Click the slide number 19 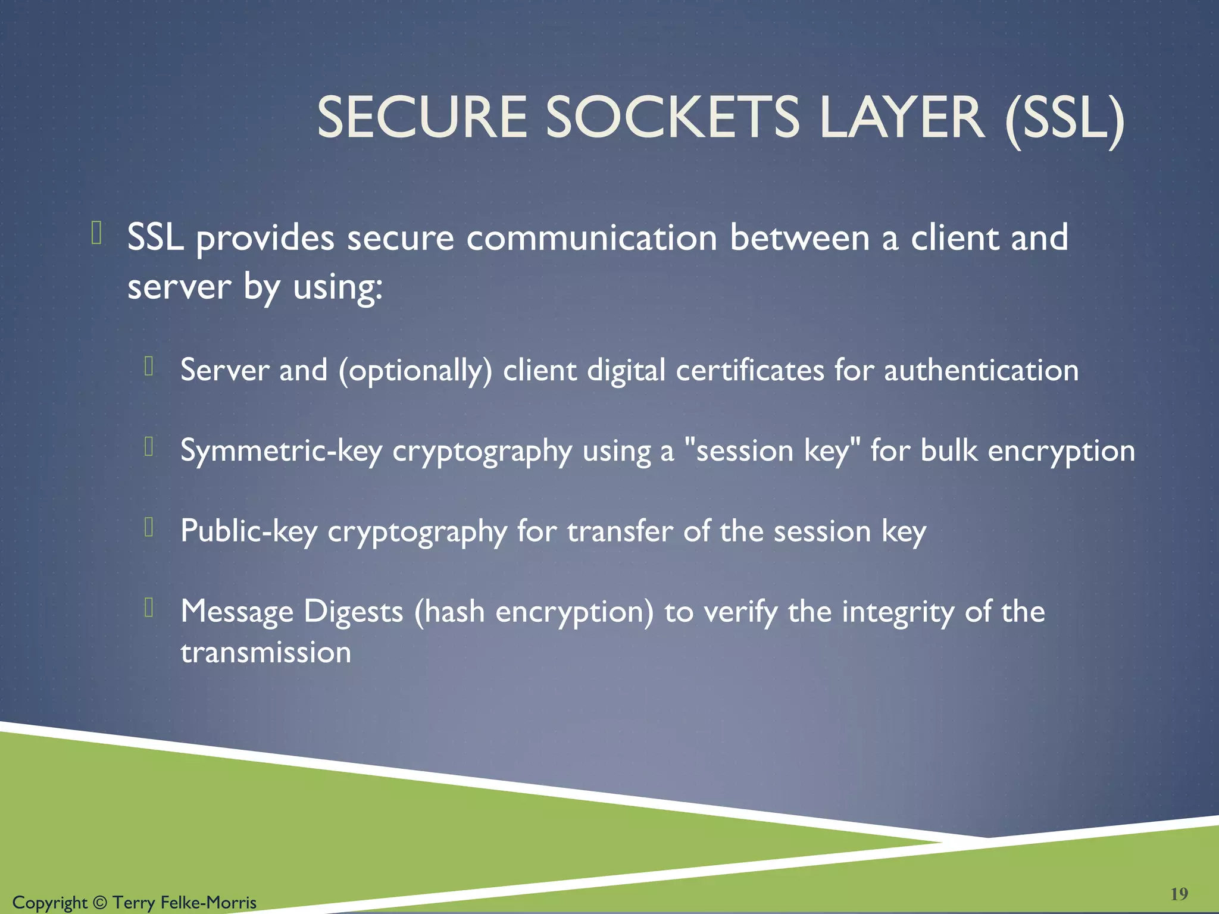(x=1179, y=894)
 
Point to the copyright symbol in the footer (x=100, y=903)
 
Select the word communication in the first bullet (x=592, y=238)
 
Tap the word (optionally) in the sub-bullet (x=415, y=371)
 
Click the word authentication (x=981, y=370)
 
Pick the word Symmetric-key (x=281, y=451)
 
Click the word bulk (x=949, y=450)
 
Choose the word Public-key (x=249, y=531)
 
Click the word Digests (x=354, y=612)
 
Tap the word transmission (x=265, y=653)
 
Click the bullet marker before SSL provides (x=96, y=233)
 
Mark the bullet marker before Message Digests (x=149, y=607)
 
